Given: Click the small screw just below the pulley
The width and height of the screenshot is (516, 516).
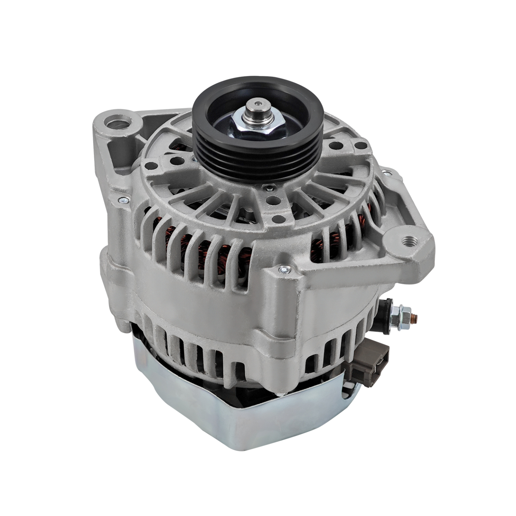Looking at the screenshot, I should [x=268, y=186].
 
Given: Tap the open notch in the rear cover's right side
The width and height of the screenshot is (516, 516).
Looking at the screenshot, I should [x=348, y=389].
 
